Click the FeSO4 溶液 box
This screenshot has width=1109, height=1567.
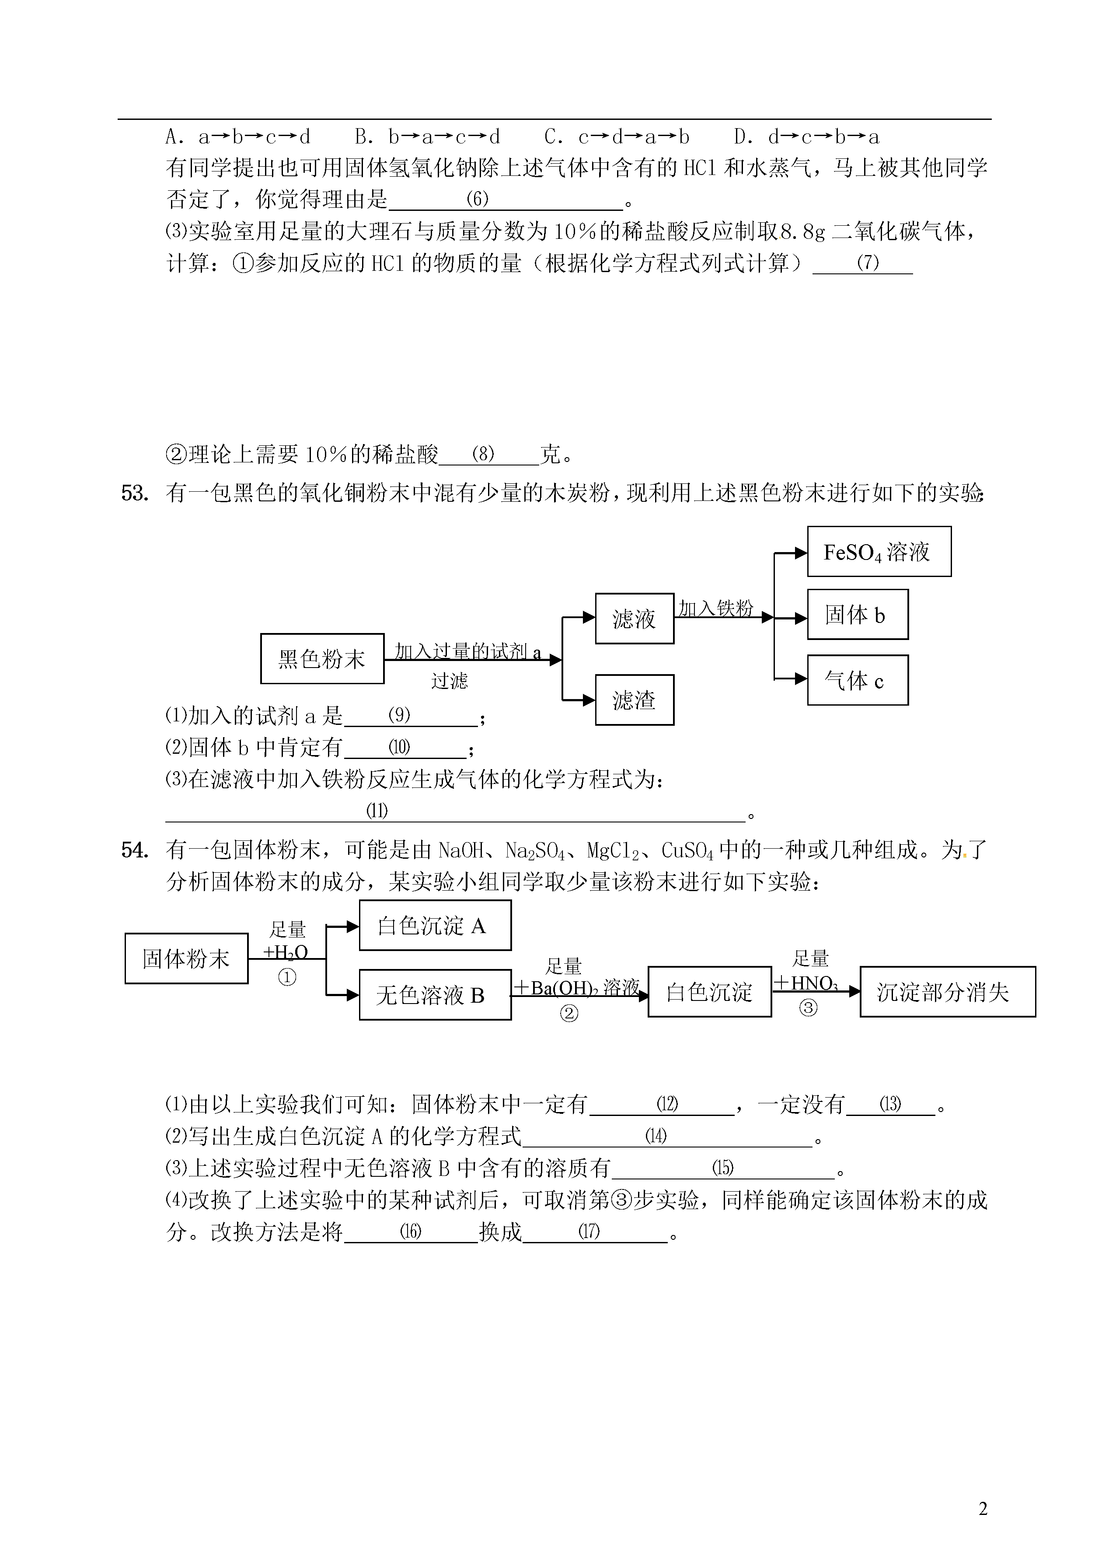(879, 551)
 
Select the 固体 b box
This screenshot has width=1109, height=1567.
(858, 614)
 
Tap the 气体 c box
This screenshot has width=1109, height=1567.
(858, 680)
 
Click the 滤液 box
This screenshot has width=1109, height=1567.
(635, 618)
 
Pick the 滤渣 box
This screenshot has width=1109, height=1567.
(635, 700)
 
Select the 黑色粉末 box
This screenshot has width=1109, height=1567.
(322, 658)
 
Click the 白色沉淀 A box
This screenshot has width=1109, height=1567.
(435, 925)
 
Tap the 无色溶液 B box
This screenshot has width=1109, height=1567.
(435, 994)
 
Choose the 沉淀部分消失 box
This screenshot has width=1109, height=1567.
(948, 992)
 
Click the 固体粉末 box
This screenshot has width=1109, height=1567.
(186, 958)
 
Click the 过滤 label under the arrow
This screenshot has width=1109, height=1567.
(450, 680)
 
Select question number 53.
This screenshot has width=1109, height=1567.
(135, 493)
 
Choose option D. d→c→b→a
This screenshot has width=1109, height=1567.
(806, 136)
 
